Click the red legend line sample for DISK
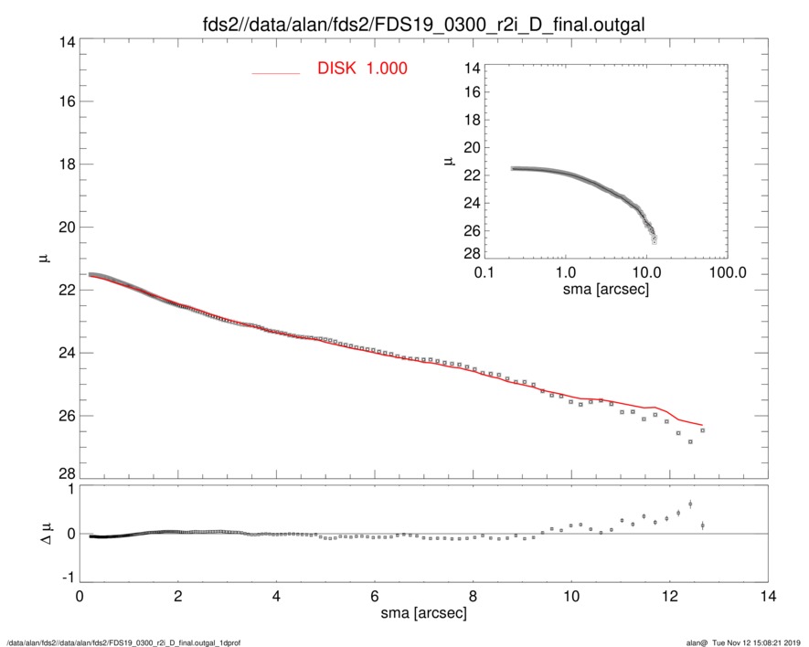click(x=275, y=72)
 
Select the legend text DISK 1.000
click(x=362, y=69)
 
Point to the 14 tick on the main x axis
click(x=768, y=597)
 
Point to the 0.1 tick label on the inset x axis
click(x=484, y=273)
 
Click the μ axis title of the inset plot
click(x=448, y=161)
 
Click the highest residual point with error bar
click(x=690, y=504)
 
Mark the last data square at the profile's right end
click(x=702, y=430)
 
